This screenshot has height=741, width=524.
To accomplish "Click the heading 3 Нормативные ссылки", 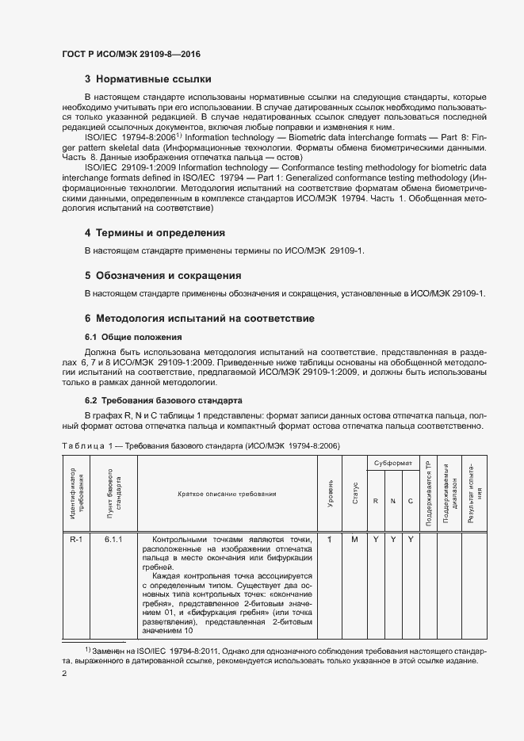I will click(x=147, y=79).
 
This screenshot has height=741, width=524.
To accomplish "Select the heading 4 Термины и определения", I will click(x=155, y=233).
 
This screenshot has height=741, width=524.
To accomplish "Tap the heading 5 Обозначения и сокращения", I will click(x=163, y=276).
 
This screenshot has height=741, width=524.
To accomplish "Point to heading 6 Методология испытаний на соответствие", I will click(x=200, y=319).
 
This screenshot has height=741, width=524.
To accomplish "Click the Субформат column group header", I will click(x=393, y=461).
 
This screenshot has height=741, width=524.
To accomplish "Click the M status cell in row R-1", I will click(x=354, y=540).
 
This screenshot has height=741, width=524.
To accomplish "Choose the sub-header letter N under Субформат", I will click(x=392, y=500).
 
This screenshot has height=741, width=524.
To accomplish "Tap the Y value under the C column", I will click(x=411, y=540).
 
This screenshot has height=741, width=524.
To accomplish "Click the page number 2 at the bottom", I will click(x=64, y=674).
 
